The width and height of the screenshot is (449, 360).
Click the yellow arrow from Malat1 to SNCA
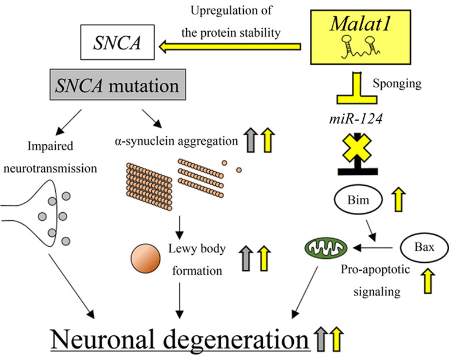(230, 47)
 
